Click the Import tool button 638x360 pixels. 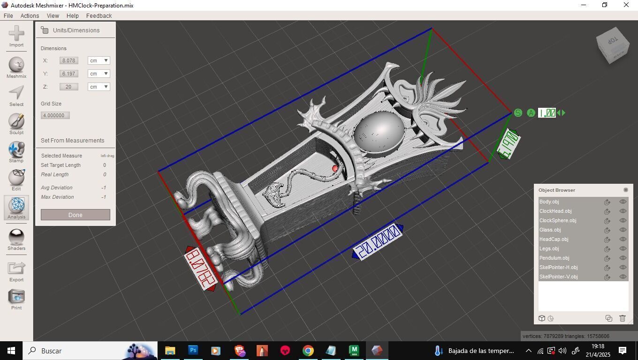click(16, 37)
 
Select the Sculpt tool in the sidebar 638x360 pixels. click(16, 124)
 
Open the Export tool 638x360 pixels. click(16, 271)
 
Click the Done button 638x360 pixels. click(76, 215)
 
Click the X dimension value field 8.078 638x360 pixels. click(69, 60)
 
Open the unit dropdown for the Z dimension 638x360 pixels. click(99, 87)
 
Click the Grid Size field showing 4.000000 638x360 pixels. click(55, 115)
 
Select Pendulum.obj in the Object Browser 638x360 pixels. click(554, 258)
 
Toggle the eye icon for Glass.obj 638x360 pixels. click(623, 230)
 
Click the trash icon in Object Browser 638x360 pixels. click(623, 318)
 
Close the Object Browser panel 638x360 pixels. click(625, 190)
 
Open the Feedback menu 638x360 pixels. click(99, 15)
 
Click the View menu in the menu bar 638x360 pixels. click(53, 15)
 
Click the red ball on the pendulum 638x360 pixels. click(335, 168)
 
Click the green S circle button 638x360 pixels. click(518, 113)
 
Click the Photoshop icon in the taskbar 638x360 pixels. click(193, 350)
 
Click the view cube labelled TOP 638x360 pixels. click(613, 45)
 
